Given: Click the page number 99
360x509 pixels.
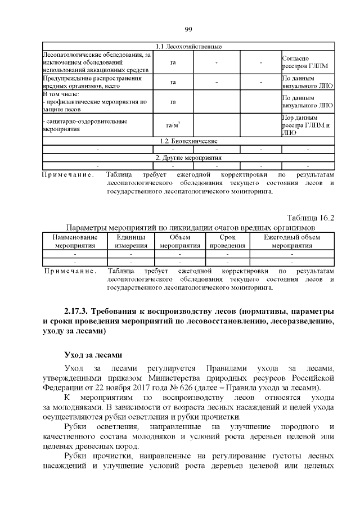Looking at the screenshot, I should click(x=188, y=30).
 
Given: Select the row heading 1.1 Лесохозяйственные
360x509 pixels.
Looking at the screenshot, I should click(x=188, y=46).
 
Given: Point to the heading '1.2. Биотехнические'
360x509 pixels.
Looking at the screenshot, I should click(x=188, y=141).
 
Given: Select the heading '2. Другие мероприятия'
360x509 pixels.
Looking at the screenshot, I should click(x=188, y=158).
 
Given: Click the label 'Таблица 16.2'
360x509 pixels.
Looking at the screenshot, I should click(x=310, y=218).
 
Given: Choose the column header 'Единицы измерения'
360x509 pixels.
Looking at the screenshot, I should click(x=130, y=242).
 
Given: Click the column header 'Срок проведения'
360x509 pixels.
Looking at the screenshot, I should click(x=228, y=242).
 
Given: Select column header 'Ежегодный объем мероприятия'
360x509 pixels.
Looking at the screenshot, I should click(x=292, y=242).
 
